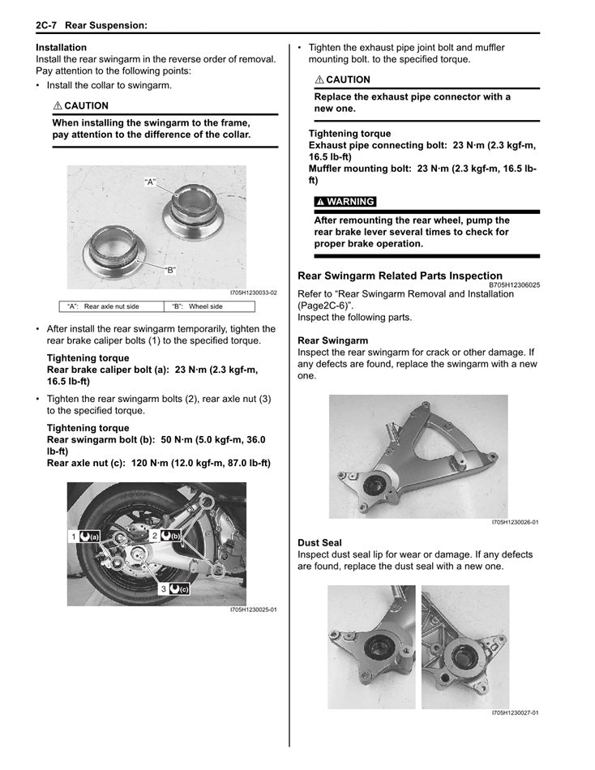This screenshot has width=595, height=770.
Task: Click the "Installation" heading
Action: click(62, 48)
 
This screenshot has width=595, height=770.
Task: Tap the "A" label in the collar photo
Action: click(150, 182)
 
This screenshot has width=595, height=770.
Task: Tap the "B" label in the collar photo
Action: click(170, 270)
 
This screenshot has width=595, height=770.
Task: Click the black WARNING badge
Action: click(345, 202)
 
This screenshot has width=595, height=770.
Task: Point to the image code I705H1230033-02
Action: click(253, 293)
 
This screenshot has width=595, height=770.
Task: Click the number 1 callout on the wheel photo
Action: click(73, 537)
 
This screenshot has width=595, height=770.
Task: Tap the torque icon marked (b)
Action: click(171, 536)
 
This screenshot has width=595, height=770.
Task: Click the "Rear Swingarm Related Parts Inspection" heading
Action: click(400, 276)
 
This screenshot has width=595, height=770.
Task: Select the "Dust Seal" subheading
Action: click(319, 542)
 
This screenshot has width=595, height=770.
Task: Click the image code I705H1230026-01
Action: click(515, 523)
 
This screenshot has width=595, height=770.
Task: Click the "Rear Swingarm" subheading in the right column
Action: click(332, 340)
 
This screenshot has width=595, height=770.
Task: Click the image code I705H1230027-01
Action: click(515, 713)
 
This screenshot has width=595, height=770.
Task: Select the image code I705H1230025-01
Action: click(253, 610)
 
